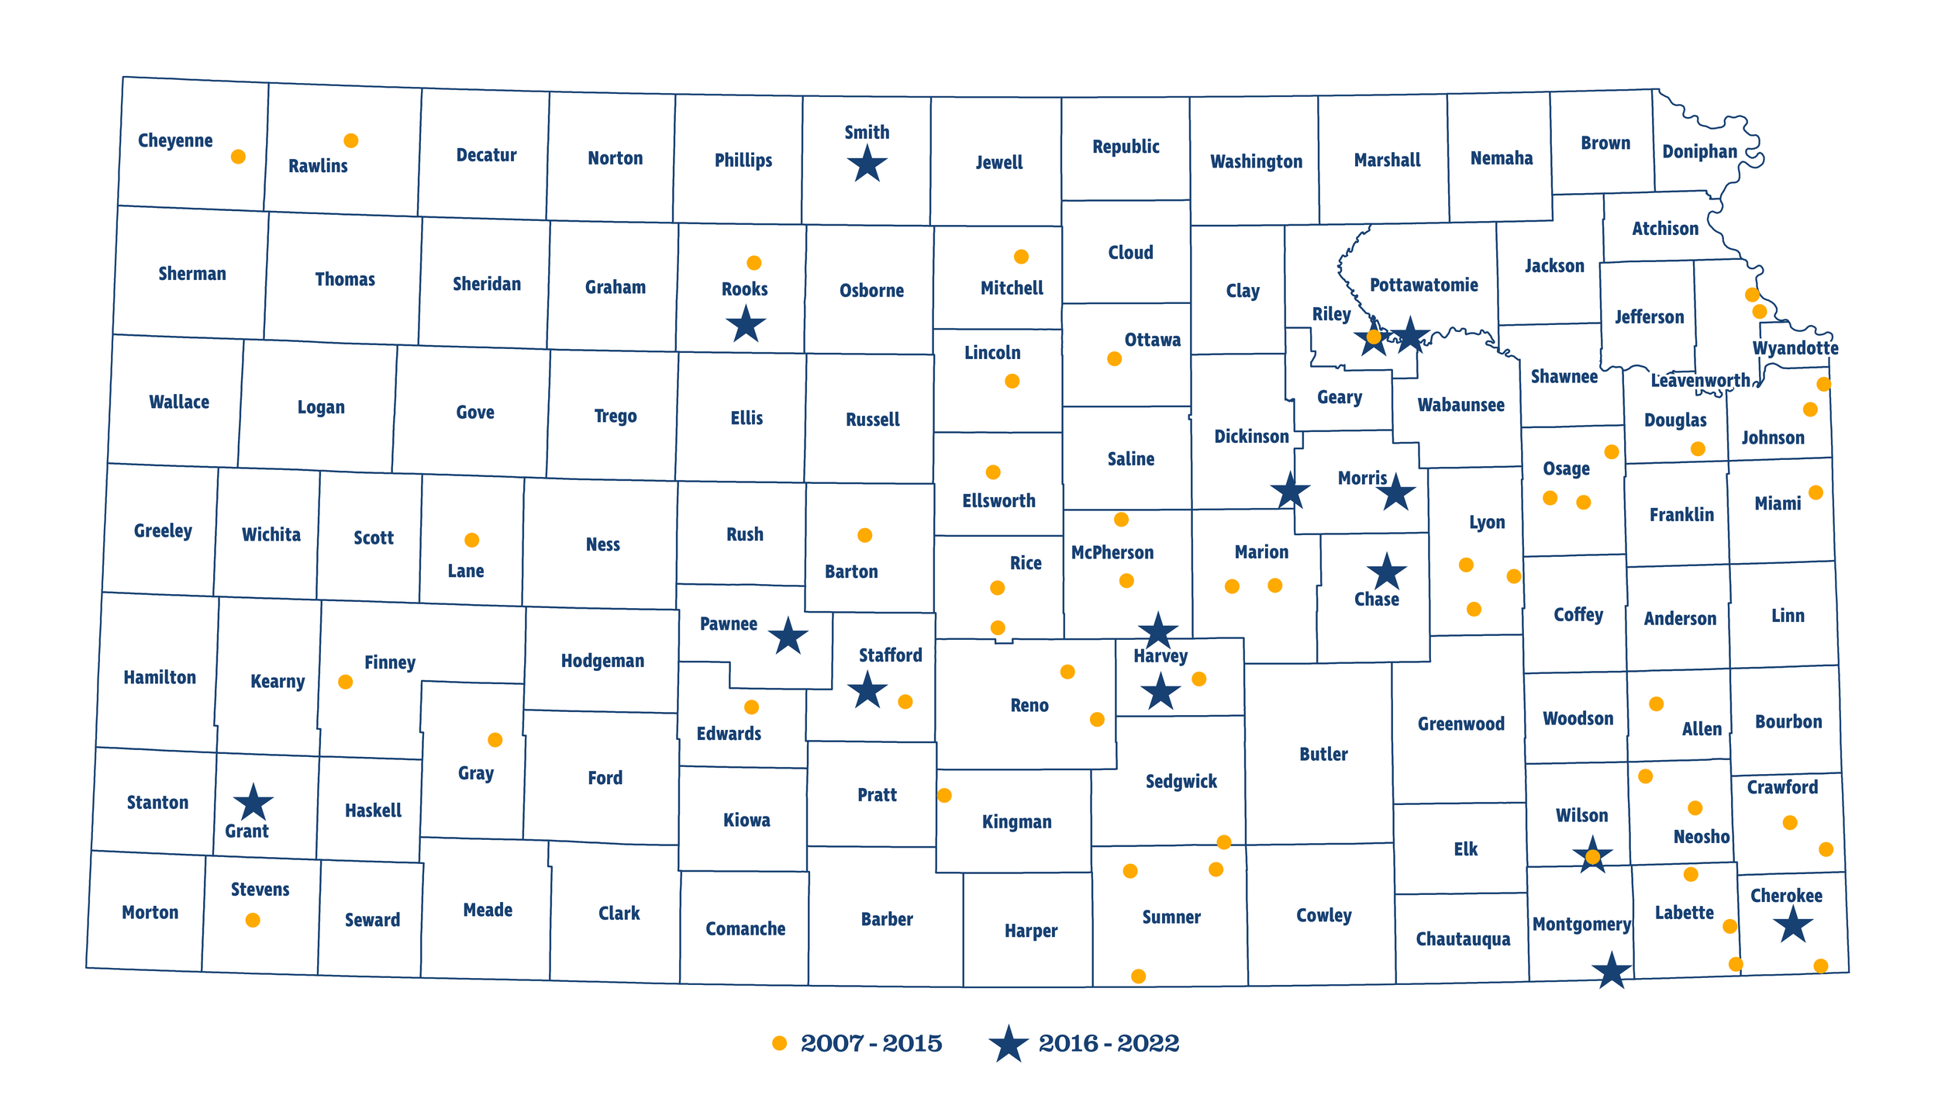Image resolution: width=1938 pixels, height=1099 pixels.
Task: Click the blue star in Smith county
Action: [867, 164]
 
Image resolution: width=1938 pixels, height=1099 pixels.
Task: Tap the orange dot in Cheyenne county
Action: [238, 157]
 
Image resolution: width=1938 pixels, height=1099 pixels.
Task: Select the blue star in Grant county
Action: [253, 803]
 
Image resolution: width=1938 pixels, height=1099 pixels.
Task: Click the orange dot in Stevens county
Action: [253, 920]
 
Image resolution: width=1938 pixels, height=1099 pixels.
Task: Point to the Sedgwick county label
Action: [1181, 782]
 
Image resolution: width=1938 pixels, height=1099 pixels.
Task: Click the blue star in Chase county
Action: [1387, 572]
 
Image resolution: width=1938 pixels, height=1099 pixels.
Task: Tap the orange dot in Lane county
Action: [471, 540]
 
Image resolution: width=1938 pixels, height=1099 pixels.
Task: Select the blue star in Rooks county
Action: [746, 324]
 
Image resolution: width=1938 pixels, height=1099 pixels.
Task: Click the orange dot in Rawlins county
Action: [350, 140]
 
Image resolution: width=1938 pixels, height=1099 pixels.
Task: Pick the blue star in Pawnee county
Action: [788, 637]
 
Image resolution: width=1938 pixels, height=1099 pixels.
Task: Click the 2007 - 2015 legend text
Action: [871, 1044]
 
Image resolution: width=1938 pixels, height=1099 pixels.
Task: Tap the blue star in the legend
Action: [1009, 1045]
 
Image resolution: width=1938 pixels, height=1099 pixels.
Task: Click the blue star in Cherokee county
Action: [1793, 924]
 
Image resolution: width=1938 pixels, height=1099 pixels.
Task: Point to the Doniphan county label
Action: [1699, 151]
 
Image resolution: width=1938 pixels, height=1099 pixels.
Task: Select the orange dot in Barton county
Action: [865, 535]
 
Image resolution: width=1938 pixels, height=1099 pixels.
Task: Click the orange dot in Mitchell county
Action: [1021, 257]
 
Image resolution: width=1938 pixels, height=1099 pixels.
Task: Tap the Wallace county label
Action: [179, 402]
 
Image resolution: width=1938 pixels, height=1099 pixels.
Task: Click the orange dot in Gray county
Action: [495, 740]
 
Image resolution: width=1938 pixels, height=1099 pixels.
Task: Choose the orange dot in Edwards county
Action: [751, 707]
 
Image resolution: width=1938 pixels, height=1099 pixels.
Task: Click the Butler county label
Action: [1323, 754]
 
